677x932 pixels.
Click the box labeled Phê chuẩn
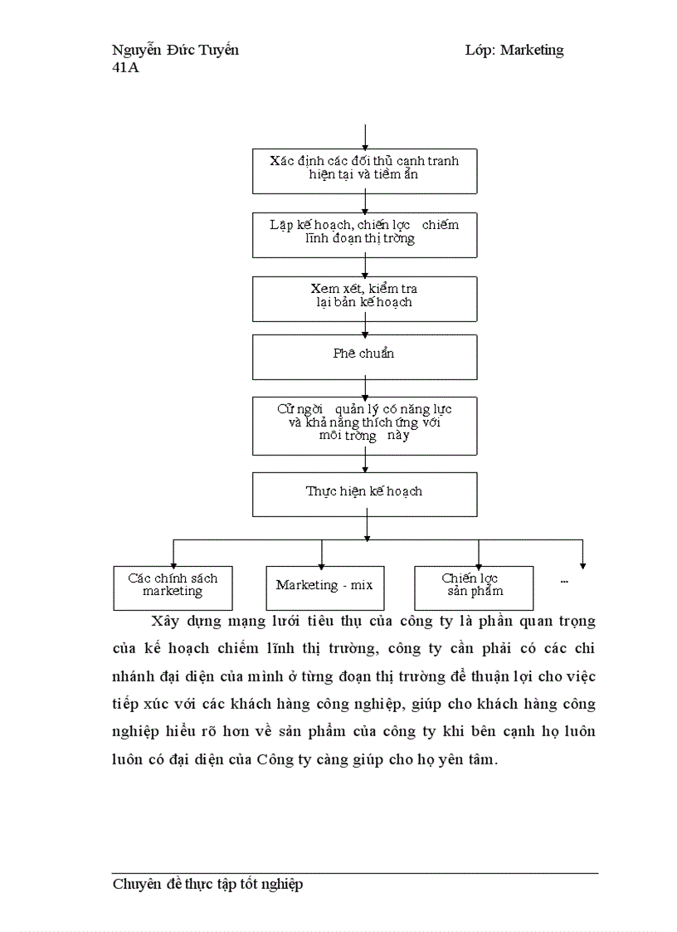[364, 356]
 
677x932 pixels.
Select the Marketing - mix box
[324, 586]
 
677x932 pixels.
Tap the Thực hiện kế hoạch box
[364, 493]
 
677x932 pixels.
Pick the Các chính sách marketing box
[173, 587]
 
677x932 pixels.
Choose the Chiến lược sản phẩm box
[473, 587]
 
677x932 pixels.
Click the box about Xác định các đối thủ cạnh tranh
[364, 170]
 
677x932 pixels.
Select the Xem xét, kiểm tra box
[364, 298]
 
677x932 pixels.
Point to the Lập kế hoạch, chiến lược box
[364, 234]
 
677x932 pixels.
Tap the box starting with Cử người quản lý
[364, 424]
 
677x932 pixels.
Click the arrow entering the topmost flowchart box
[365, 137]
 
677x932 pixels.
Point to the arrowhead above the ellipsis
[582, 565]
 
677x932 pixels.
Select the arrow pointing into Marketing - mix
[321, 554]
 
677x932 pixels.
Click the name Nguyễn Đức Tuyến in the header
[175, 50]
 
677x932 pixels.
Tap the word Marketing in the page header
[532, 50]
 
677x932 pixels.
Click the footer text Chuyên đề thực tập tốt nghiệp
[207, 885]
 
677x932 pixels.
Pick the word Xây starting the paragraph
[164, 622]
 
